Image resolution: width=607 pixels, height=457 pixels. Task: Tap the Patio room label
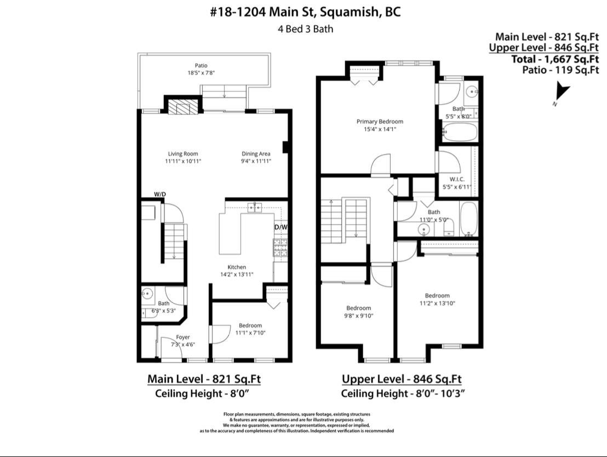pyautogui.click(x=201, y=65)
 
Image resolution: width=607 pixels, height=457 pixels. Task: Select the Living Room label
pyautogui.click(x=183, y=154)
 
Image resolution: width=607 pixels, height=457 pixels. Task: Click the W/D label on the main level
pyautogui.click(x=160, y=194)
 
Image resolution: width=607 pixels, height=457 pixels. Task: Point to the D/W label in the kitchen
pyautogui.click(x=281, y=227)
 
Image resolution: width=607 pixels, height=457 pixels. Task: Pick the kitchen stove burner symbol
pyautogui.click(x=280, y=248)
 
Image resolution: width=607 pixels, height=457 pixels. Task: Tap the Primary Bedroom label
pyautogui.click(x=380, y=122)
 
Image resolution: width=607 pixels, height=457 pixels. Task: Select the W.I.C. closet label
pyautogui.click(x=457, y=179)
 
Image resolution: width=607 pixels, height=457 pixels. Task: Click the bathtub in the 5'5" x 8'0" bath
pyautogui.click(x=460, y=132)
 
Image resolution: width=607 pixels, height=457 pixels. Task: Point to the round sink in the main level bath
pyautogui.click(x=147, y=293)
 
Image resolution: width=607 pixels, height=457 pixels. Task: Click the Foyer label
pyautogui.click(x=183, y=338)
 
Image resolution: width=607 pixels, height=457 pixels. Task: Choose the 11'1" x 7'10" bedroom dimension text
pyautogui.click(x=250, y=333)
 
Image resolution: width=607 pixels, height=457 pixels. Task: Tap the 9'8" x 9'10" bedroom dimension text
pyautogui.click(x=358, y=316)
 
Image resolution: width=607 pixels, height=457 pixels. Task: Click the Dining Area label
pyautogui.click(x=256, y=154)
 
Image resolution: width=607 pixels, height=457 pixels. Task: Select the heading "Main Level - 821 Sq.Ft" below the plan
pyautogui.click(x=204, y=379)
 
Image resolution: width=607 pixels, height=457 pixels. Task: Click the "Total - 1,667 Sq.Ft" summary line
pyautogui.click(x=555, y=59)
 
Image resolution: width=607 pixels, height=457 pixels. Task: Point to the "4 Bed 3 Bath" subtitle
pyautogui.click(x=306, y=29)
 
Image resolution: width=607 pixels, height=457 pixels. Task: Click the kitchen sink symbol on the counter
pyautogui.click(x=255, y=208)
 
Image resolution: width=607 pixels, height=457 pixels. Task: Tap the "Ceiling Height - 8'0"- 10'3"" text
pyautogui.click(x=403, y=393)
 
